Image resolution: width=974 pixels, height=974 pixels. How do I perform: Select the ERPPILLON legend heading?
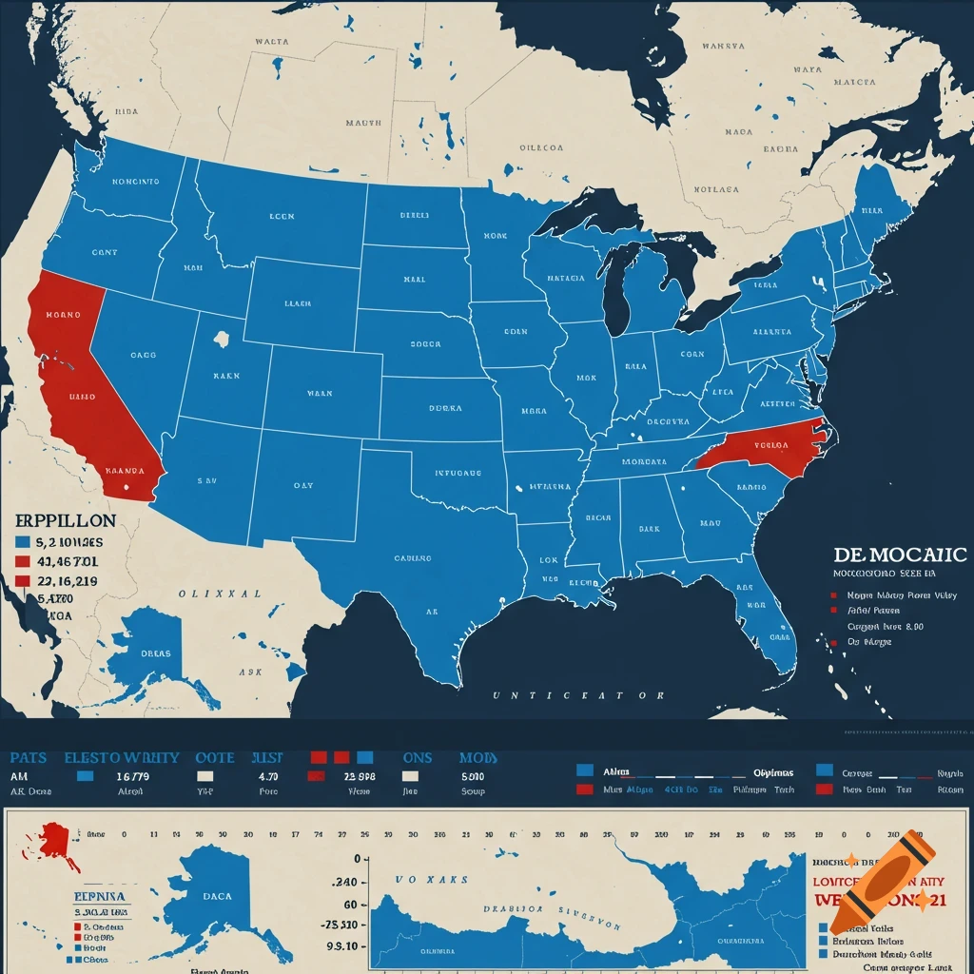pos(66,521)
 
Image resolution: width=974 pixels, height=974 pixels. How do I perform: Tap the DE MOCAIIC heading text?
pos(899,555)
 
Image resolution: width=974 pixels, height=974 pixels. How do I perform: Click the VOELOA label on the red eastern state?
pos(772,444)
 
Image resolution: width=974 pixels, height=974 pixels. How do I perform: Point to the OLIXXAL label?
pos(219,593)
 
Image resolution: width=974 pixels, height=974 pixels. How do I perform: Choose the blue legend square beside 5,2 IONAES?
pos(22,542)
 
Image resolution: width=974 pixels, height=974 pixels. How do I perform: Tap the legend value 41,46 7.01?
pos(66,561)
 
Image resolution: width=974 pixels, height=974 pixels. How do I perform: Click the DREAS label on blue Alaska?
pos(155,653)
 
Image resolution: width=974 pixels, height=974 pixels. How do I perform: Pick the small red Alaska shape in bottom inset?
pos(56,842)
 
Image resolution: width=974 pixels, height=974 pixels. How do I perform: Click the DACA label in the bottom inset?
pos(217,895)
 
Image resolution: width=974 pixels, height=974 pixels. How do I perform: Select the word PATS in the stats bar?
pos(28,758)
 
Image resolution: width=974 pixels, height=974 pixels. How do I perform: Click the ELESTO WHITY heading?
pos(122,758)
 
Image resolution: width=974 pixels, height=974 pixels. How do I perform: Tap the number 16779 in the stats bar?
pos(132,777)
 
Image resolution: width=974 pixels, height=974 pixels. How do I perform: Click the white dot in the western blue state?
pos(222,338)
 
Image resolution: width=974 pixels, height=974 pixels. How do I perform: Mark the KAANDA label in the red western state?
pos(125,470)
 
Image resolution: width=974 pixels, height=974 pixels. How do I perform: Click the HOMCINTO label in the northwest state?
pos(135,181)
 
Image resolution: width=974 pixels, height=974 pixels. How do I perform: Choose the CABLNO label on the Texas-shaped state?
pos(413,558)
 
